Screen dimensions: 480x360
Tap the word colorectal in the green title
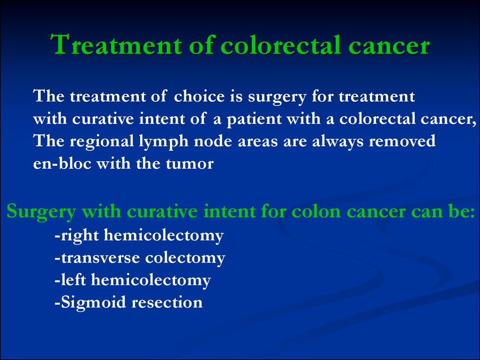point(281,45)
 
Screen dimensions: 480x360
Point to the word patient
point(254,120)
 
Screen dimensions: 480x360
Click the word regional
point(102,142)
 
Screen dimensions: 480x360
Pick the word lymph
point(164,142)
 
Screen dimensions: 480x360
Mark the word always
point(338,142)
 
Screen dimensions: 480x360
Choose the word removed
point(402,142)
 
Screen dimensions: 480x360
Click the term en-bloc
point(62,164)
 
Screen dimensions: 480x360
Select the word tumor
point(189,164)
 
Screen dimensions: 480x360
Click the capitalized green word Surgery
point(41,212)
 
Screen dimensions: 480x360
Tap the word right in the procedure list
point(80,236)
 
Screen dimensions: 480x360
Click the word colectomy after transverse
point(185,258)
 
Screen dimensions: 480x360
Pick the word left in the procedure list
point(73,280)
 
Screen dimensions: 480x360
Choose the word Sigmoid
point(93,303)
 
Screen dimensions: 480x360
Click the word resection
point(167,303)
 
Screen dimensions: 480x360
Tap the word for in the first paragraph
point(322,97)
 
